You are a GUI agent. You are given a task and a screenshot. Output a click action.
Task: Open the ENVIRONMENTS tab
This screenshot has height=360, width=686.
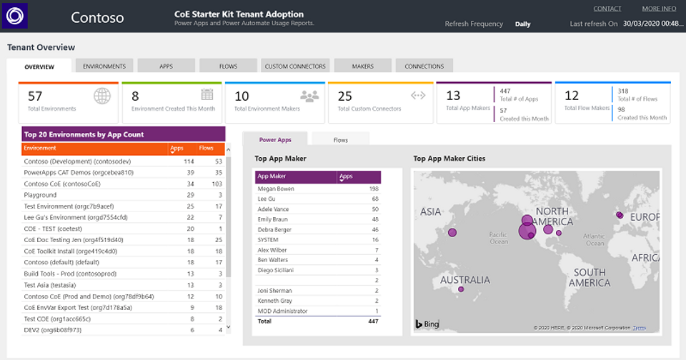tap(104, 66)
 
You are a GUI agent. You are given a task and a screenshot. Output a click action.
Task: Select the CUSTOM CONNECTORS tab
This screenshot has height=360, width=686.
tap(295, 66)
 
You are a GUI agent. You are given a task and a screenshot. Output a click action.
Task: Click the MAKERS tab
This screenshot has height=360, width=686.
tap(363, 66)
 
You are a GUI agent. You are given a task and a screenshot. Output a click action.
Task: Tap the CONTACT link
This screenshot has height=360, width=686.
tap(607, 9)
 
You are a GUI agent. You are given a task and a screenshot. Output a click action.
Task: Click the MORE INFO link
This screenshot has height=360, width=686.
tap(659, 9)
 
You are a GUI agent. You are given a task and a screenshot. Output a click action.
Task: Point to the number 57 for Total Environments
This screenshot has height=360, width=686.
tap(35, 96)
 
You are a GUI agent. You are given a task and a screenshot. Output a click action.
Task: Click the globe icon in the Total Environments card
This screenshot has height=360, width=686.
tap(102, 96)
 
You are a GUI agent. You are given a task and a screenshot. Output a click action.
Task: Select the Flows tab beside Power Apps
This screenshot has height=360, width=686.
tap(341, 140)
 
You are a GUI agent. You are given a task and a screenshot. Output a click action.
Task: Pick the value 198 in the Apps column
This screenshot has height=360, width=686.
tap(373, 189)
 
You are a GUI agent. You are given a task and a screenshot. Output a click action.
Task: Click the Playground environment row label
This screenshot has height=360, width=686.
tap(40, 195)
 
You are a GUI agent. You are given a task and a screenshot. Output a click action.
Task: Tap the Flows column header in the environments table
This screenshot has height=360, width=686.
tap(207, 149)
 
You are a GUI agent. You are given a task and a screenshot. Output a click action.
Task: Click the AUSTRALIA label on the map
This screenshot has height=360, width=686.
tap(465, 280)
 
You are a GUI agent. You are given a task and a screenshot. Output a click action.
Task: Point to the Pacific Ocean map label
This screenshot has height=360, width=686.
tap(497, 237)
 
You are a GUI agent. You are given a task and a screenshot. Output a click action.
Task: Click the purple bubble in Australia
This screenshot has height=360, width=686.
tap(461, 289)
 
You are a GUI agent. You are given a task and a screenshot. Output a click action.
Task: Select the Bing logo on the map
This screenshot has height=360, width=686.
tap(428, 324)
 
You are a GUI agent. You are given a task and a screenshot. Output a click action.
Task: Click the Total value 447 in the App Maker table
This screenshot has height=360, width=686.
tap(372, 322)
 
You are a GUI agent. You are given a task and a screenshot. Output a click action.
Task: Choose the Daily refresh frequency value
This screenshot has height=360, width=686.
tap(522, 24)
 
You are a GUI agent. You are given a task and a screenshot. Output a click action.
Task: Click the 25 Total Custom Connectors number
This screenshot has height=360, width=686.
tap(345, 96)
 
